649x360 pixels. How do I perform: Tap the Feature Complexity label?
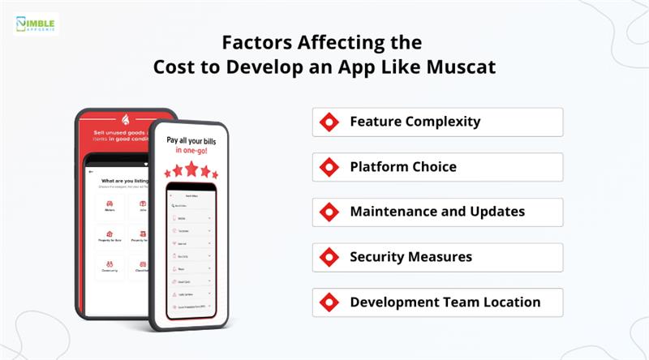click(x=415, y=122)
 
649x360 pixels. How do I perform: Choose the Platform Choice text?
click(x=402, y=167)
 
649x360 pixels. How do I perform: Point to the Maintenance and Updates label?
click(x=437, y=212)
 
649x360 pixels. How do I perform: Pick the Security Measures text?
click(x=410, y=257)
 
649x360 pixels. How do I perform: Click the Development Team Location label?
click(x=445, y=302)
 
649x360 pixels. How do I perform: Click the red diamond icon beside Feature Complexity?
click(x=329, y=122)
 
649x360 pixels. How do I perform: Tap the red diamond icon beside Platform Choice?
click(x=329, y=167)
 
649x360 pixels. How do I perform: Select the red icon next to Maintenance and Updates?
click(x=329, y=212)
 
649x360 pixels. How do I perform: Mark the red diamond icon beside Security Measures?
click(x=329, y=257)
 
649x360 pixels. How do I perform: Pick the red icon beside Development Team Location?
click(x=329, y=302)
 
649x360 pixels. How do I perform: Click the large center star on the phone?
click(x=192, y=168)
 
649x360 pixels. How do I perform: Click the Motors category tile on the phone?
click(x=110, y=208)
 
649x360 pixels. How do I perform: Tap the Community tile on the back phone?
click(x=110, y=267)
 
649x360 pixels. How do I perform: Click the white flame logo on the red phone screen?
click(x=126, y=119)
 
